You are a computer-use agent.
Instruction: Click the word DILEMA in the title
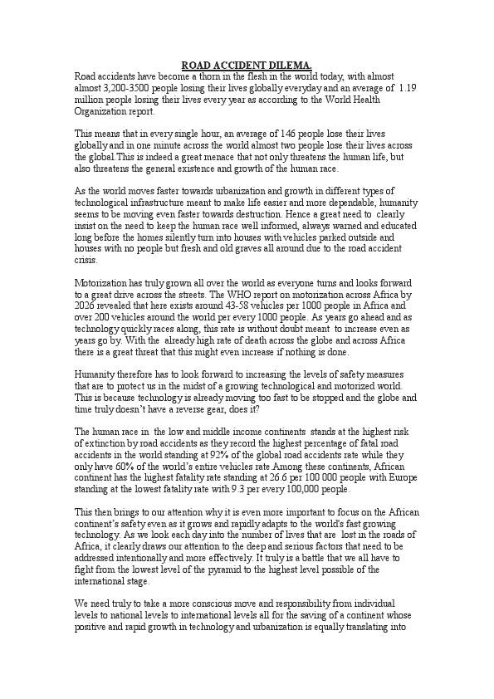(291, 65)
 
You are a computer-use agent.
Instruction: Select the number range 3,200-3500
(127, 86)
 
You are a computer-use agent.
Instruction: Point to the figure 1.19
(408, 86)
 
